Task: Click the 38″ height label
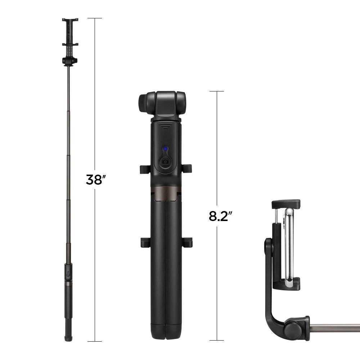(94, 179)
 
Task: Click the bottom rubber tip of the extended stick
(68, 338)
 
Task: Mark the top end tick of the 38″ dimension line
(95, 18)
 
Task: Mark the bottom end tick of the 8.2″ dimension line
(217, 340)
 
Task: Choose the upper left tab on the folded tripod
(144, 168)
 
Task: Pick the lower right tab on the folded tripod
(188, 242)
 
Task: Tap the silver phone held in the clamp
(289, 245)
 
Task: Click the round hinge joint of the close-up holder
(291, 328)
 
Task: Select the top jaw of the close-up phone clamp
(286, 204)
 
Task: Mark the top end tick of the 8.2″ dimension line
(217, 91)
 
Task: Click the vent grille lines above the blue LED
(165, 127)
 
